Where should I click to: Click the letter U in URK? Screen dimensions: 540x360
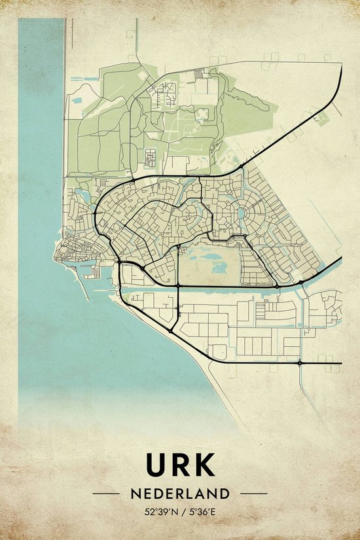point(156,465)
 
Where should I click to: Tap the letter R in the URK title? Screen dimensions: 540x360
point(180,465)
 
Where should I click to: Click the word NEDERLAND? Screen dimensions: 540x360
point(180,493)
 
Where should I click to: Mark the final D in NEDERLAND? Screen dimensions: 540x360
point(225,493)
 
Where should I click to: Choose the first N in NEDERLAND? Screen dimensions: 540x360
point(135,493)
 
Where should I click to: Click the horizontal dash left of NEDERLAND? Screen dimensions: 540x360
point(105,493)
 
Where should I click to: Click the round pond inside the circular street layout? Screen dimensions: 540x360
point(242,213)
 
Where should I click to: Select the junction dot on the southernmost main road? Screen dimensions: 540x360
point(299,362)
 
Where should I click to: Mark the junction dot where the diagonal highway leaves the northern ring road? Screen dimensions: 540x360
point(242,168)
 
